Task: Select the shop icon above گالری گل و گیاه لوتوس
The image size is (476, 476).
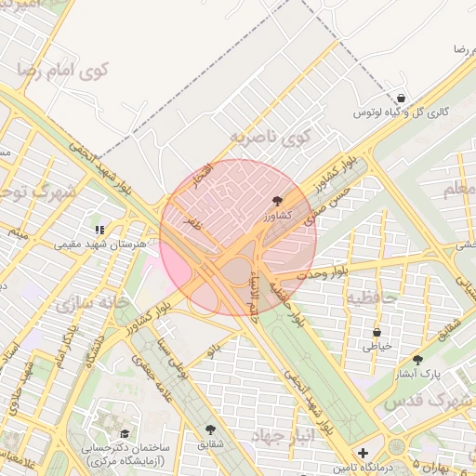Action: pyautogui.click(x=401, y=97)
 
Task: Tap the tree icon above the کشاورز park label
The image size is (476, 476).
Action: pyautogui.click(x=278, y=201)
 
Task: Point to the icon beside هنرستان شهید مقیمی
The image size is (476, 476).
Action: pyautogui.click(x=99, y=230)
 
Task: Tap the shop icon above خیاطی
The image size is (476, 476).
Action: pyautogui.click(x=377, y=333)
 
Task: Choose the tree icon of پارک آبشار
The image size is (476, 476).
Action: pyautogui.click(x=416, y=360)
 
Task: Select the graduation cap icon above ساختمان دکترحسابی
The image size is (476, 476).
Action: pyautogui.click(x=125, y=433)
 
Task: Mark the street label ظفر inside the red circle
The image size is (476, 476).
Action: pyautogui.click(x=192, y=223)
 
